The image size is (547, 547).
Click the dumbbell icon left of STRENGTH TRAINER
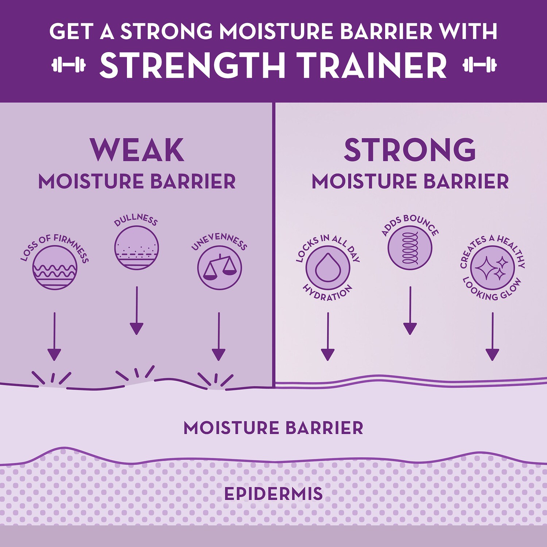click(x=69, y=65)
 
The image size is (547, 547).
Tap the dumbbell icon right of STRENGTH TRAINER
click(x=480, y=65)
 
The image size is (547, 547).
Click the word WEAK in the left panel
click(x=137, y=150)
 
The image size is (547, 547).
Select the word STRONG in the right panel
click(x=410, y=150)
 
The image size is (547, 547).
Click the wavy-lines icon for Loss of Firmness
click(x=55, y=268)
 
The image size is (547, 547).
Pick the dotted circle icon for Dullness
click(x=136, y=248)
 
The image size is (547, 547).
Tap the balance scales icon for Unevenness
click(x=220, y=268)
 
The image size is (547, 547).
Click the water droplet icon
click(x=328, y=268)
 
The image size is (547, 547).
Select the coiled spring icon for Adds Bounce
click(x=410, y=248)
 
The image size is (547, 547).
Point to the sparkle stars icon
click(x=492, y=268)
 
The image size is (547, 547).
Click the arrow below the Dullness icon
click(x=137, y=311)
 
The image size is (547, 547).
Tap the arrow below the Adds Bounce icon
click(x=410, y=311)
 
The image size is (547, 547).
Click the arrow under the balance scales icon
click(x=219, y=337)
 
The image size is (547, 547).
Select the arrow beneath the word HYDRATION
click(x=328, y=337)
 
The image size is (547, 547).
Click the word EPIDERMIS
click(x=273, y=494)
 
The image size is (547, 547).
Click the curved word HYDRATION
click(x=328, y=292)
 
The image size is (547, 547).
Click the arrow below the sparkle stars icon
click(x=492, y=337)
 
